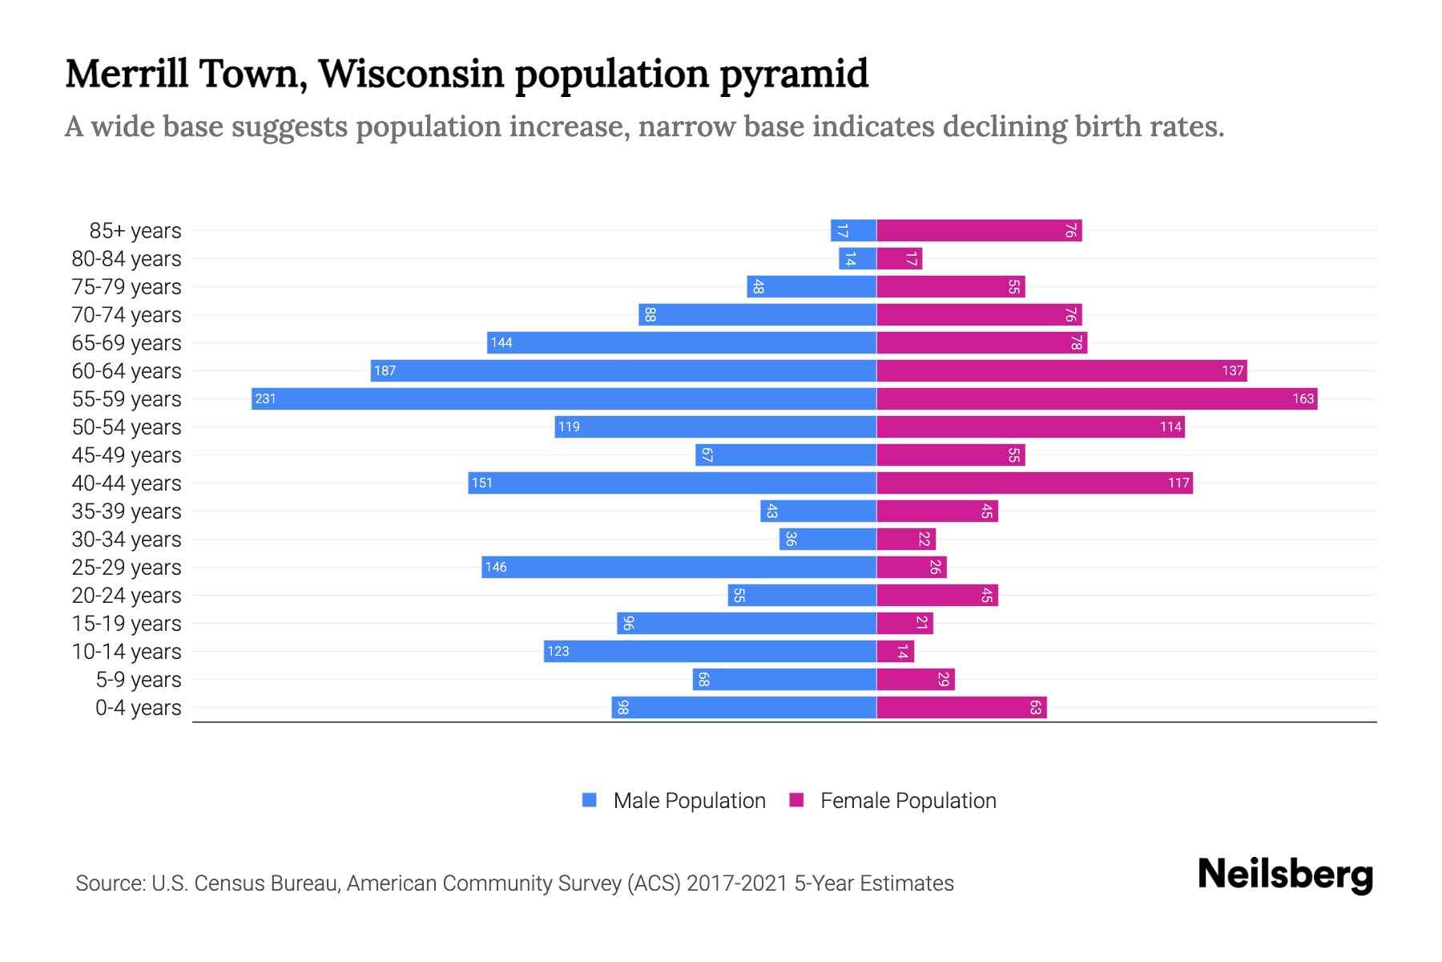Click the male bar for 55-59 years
pyautogui.click(x=563, y=398)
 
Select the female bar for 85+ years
pyautogui.click(x=978, y=231)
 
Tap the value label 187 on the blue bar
pyautogui.click(x=385, y=371)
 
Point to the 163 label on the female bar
pyautogui.click(x=1303, y=399)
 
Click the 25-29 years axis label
pyautogui.click(x=127, y=568)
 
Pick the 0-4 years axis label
pyautogui.click(x=138, y=708)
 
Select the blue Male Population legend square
pyautogui.click(x=590, y=800)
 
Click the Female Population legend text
pyautogui.click(x=908, y=801)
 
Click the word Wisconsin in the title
pyautogui.click(x=411, y=74)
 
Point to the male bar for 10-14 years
pyautogui.click(x=710, y=651)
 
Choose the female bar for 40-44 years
pyautogui.click(x=1034, y=483)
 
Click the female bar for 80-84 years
pyautogui.click(x=899, y=259)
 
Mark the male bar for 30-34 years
pyautogui.click(x=828, y=539)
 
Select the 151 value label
pyautogui.click(x=481, y=483)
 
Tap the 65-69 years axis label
pyautogui.click(x=127, y=343)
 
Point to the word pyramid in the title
pyautogui.click(x=793, y=74)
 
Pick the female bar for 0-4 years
pyautogui.click(x=961, y=707)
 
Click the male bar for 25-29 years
pyautogui.click(x=679, y=567)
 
